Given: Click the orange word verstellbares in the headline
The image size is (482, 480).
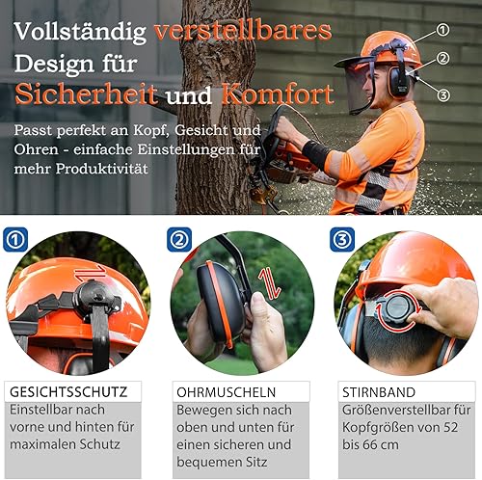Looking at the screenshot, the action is [243, 31].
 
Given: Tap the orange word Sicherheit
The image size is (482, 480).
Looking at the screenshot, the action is [87, 94].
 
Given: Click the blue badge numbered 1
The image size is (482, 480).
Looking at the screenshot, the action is [15, 240].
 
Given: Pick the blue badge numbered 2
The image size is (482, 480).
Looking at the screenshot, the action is [179, 240].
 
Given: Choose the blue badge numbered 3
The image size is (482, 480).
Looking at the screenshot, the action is [342, 240].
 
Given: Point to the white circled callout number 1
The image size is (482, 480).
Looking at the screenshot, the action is [442, 30].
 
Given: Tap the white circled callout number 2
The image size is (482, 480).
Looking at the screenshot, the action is [442, 59].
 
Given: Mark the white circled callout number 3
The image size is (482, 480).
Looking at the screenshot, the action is [443, 95].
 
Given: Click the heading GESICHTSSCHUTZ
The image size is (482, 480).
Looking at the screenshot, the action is [68, 392].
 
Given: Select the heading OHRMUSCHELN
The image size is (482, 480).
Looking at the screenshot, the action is [227, 392].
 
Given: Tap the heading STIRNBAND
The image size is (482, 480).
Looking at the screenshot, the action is [379, 392].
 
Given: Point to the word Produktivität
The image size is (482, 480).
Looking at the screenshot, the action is [102, 169].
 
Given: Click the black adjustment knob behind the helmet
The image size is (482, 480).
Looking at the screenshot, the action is [397, 309].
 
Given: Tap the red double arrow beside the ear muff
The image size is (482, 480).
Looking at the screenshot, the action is [270, 284].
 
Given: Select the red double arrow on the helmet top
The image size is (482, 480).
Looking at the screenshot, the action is [91, 274].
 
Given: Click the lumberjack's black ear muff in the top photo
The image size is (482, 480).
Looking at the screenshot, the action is [398, 81].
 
